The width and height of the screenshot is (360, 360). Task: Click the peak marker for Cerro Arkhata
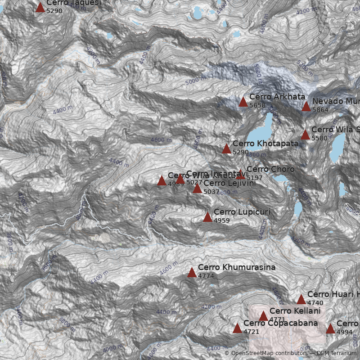click(243, 102)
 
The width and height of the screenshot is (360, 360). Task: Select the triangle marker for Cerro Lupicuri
click(207, 217)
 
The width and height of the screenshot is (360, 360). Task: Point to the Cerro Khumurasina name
click(237, 267)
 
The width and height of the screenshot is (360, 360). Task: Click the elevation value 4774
click(206, 276)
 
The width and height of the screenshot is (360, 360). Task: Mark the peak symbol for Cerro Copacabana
click(237, 328)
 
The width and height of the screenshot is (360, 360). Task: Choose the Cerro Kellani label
click(295, 311)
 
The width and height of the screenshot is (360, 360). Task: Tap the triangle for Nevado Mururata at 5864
click(306, 106)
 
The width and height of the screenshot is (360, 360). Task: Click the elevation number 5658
click(257, 105)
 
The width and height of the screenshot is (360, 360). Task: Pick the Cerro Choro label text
click(270, 169)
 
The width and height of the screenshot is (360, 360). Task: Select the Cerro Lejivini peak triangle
click(197, 188)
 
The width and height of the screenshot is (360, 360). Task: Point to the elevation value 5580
click(319, 138)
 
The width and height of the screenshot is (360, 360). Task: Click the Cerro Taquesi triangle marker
click(40, 7)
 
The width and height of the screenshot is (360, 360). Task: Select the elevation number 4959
click(222, 221)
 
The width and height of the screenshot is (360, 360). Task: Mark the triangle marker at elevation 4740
click(301, 299)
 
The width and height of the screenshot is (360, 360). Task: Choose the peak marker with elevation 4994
click(330, 328)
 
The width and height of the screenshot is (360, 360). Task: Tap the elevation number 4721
click(252, 332)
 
